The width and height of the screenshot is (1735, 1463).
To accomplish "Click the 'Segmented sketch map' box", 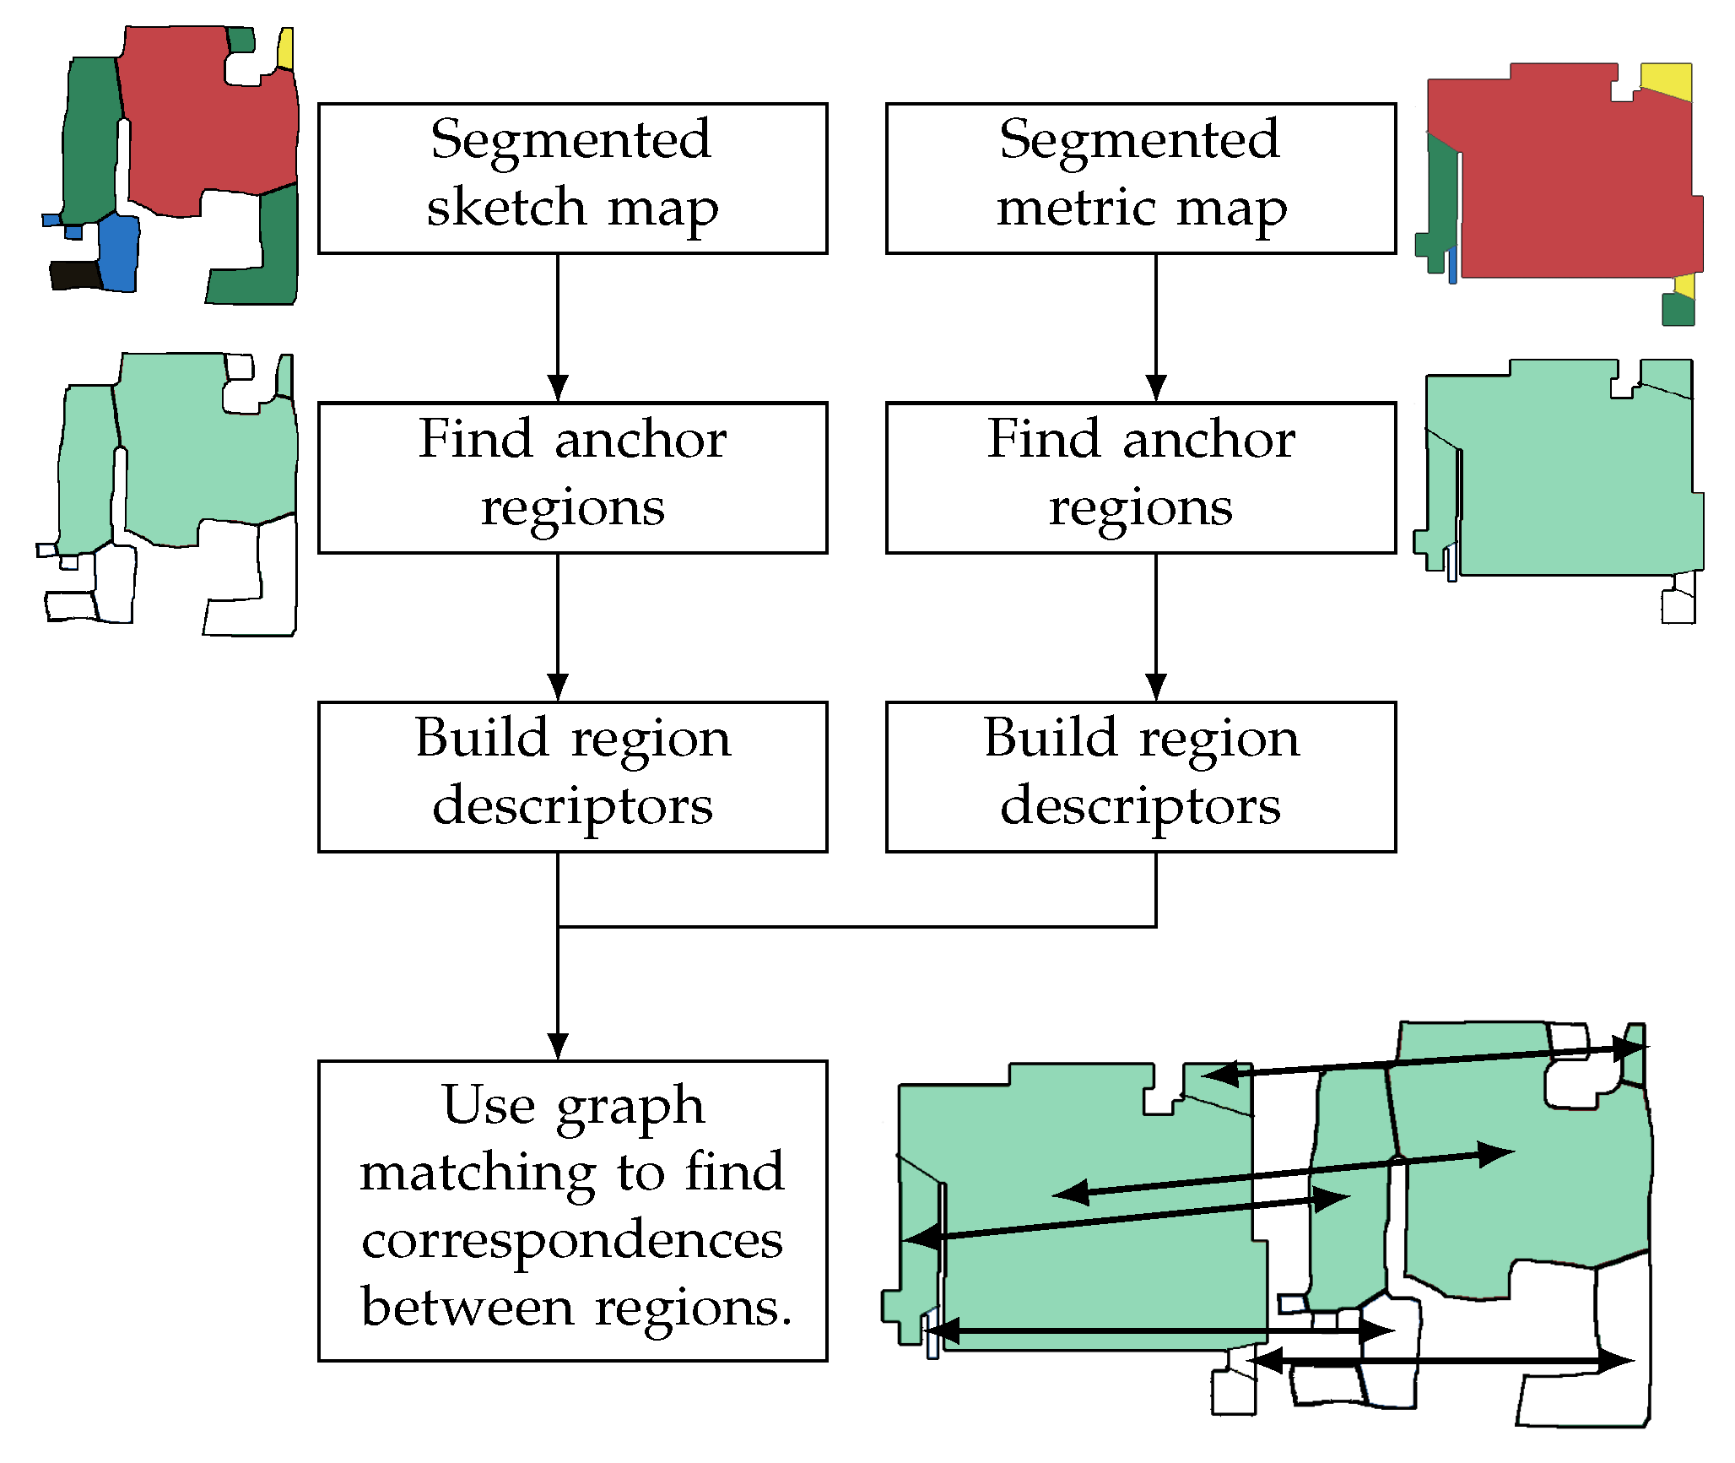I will (572, 178).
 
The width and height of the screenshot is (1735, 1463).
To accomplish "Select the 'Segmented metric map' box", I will (1140, 178).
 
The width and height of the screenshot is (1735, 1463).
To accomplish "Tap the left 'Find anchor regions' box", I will (572, 477).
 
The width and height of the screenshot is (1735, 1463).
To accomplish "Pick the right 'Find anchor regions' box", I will (1140, 477).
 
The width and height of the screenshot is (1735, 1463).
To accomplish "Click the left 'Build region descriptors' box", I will (572, 776).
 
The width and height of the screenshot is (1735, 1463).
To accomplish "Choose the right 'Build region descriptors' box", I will (1140, 776).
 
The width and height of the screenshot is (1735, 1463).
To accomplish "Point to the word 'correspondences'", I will (572, 1240).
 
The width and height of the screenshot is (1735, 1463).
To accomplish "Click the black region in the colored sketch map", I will (74, 274).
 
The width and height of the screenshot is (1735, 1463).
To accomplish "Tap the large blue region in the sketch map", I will (119, 253).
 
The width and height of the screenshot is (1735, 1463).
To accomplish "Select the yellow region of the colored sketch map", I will (286, 49).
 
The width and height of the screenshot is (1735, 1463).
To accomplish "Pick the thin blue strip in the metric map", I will (1452, 264).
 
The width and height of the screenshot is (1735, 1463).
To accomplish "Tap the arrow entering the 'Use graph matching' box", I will (558, 996).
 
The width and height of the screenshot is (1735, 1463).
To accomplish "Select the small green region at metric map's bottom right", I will (1677, 311).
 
